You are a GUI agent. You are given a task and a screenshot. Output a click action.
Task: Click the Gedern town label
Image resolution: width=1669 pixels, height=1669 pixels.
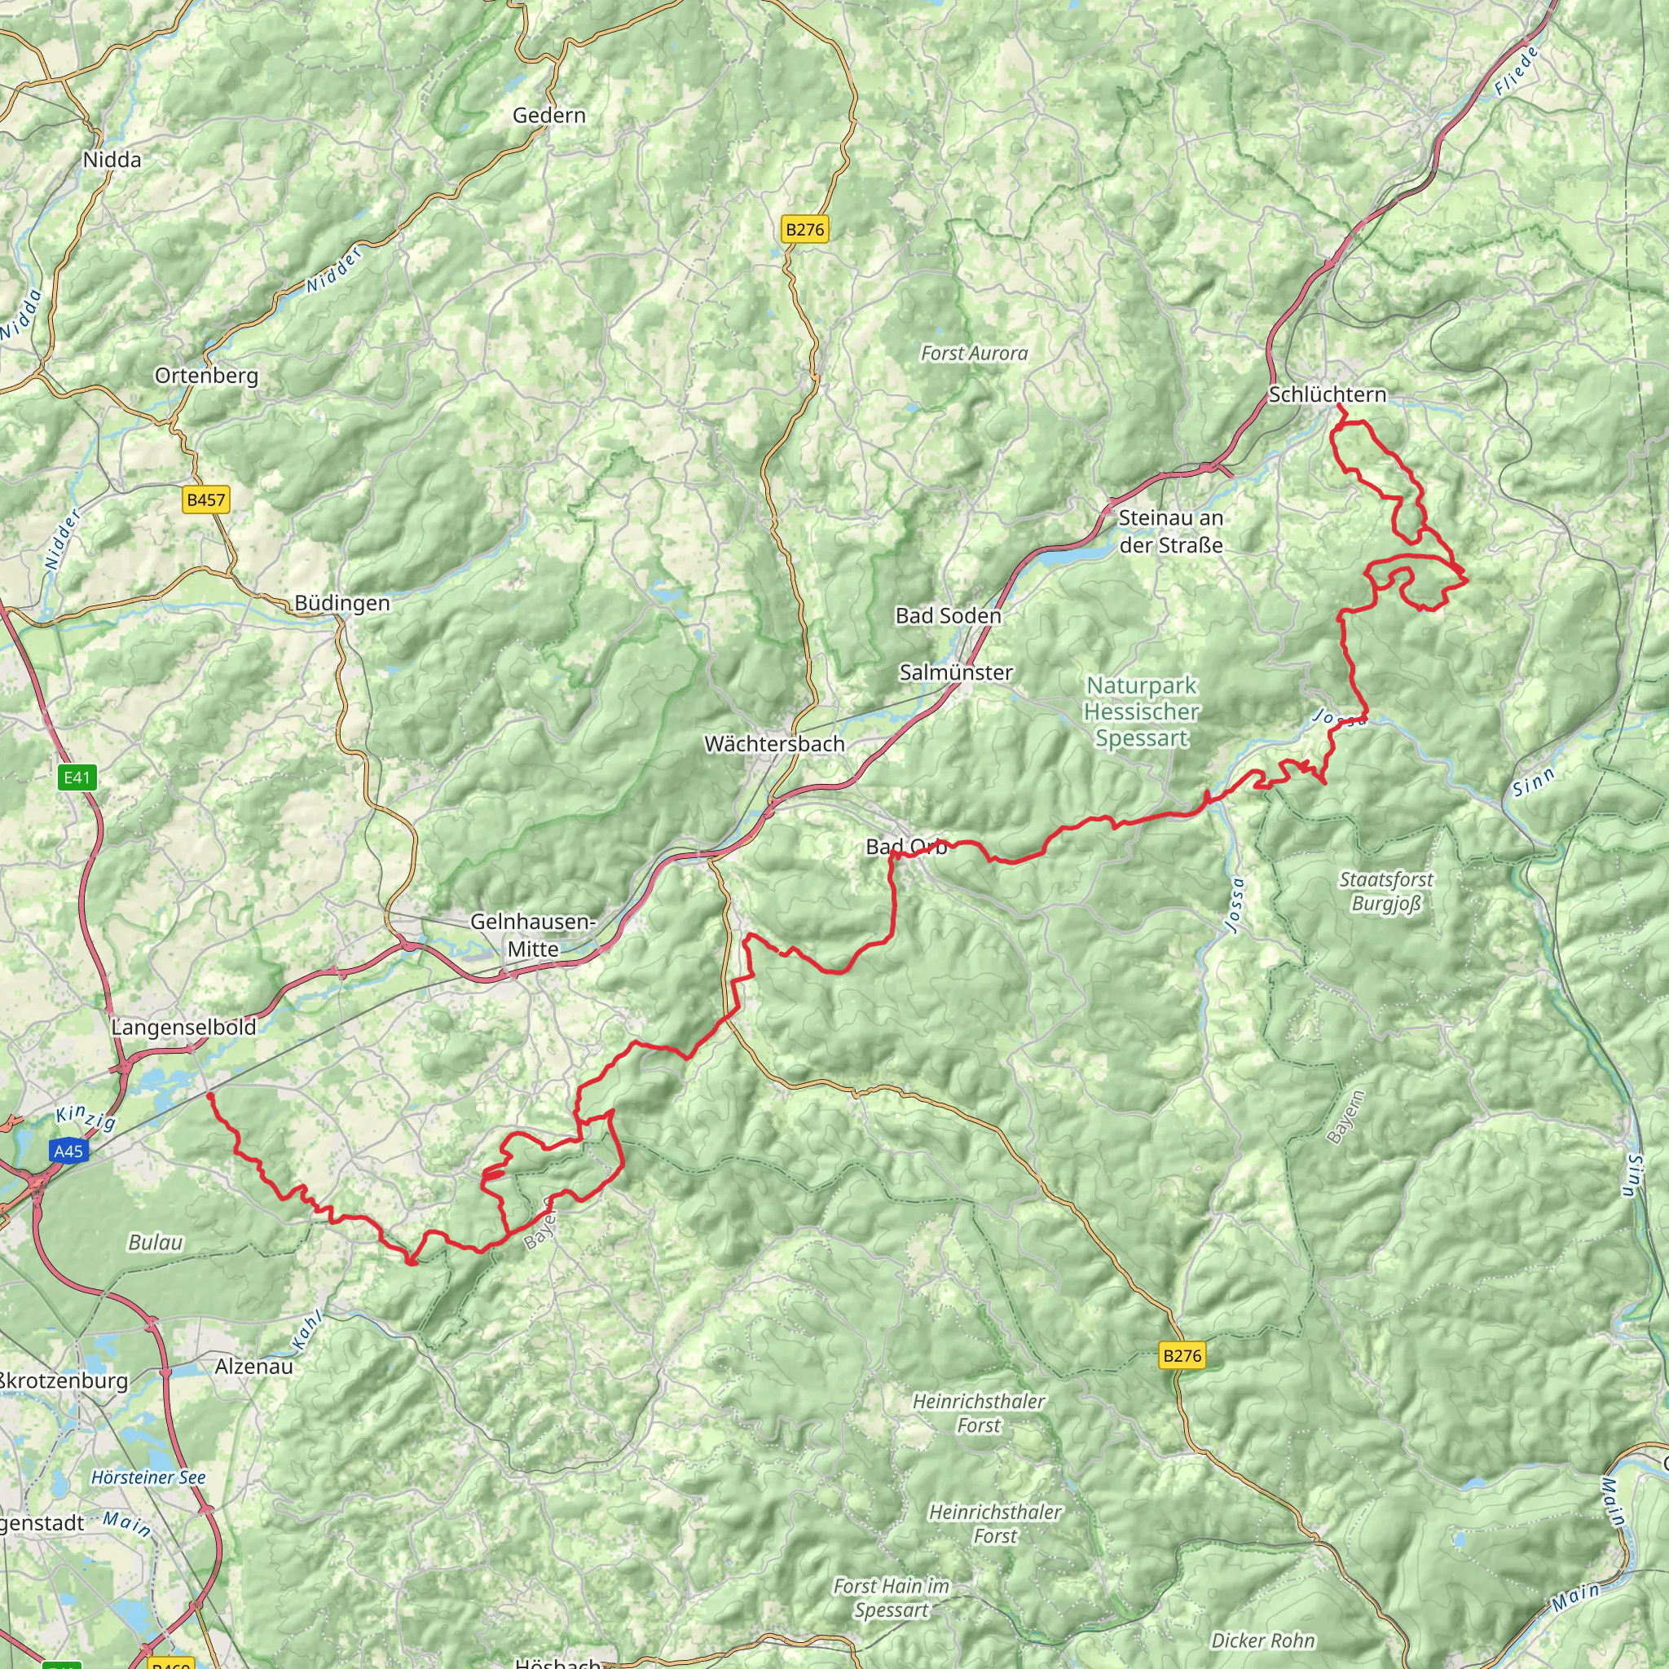(x=548, y=115)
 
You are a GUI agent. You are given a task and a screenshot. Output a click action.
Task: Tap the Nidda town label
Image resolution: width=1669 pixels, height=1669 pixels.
(x=112, y=159)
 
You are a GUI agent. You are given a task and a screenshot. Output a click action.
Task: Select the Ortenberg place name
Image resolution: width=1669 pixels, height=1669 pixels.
(x=206, y=375)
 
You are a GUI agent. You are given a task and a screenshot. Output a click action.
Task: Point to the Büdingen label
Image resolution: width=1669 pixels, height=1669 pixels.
(x=342, y=602)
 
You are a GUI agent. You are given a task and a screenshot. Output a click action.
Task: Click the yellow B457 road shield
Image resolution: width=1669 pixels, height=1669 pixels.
(x=206, y=500)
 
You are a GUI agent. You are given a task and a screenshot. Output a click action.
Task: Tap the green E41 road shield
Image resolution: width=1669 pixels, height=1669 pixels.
(x=77, y=777)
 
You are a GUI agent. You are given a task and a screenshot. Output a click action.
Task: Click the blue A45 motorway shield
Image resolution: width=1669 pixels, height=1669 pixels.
(x=68, y=1151)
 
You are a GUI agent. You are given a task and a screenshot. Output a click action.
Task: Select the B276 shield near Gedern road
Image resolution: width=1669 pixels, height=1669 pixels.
(x=804, y=229)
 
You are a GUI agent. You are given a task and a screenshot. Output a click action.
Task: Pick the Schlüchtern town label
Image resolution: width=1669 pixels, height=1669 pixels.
(x=1327, y=394)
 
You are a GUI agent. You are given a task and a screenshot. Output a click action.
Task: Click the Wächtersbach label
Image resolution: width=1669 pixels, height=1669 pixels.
(x=774, y=743)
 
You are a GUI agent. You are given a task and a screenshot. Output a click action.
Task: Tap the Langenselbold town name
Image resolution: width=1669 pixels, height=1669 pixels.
(x=183, y=1027)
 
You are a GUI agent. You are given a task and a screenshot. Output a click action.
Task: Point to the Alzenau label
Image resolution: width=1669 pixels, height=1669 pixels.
(x=254, y=1366)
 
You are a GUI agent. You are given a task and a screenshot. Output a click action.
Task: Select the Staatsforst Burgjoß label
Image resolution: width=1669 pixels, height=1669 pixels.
(x=1385, y=892)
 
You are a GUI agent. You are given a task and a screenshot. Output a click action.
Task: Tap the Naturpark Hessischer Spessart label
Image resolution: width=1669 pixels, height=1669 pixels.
(x=1141, y=711)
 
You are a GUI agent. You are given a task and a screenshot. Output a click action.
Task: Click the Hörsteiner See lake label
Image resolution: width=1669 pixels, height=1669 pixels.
(x=148, y=1477)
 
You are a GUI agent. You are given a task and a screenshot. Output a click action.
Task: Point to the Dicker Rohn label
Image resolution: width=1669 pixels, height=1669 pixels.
(x=1262, y=1640)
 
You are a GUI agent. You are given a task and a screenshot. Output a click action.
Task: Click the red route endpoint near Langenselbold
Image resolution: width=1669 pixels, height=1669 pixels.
(x=210, y=1095)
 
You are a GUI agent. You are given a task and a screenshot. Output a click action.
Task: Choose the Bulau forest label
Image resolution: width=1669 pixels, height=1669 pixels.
(x=156, y=1242)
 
